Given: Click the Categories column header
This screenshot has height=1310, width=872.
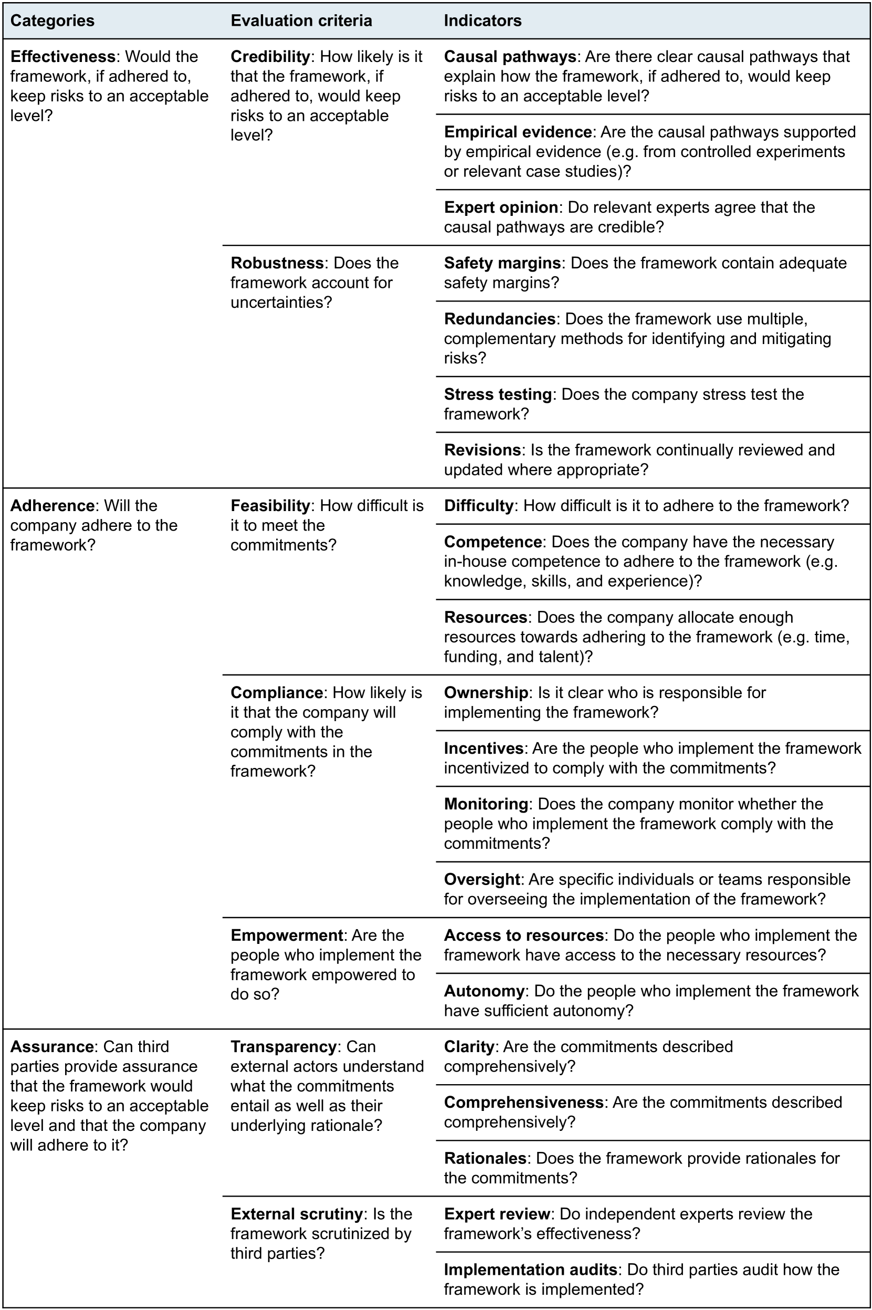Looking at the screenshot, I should point(52,20).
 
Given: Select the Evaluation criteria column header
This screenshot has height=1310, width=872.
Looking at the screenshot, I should point(301,20).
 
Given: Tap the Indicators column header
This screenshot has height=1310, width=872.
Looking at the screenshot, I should point(482,20).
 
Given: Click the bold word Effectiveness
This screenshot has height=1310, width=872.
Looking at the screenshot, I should point(62,57).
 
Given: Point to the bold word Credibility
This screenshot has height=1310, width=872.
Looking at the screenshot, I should point(270,57).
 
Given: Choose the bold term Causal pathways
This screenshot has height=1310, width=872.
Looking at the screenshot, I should point(509,57).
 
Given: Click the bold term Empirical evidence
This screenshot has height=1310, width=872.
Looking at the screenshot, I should point(517,132).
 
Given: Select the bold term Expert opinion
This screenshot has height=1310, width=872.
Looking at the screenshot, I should point(500,207).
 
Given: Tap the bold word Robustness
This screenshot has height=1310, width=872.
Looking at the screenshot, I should point(277,263).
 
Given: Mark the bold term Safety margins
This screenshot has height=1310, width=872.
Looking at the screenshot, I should point(501,263).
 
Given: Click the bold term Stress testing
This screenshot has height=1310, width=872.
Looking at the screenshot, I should point(497,394).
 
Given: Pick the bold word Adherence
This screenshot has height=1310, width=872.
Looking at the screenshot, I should point(52,506).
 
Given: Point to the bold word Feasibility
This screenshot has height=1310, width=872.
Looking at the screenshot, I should point(270,506).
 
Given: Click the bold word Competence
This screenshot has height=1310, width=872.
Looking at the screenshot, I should point(493,542).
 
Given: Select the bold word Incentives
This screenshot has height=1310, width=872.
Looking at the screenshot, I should point(484,748).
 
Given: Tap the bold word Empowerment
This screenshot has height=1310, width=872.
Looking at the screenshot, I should point(287,935).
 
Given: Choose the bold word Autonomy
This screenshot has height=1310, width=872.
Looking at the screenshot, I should point(484,991).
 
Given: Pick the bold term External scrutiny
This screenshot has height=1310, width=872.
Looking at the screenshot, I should point(297,1214).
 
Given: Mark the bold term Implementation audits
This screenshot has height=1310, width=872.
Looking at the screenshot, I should point(530,1270).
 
